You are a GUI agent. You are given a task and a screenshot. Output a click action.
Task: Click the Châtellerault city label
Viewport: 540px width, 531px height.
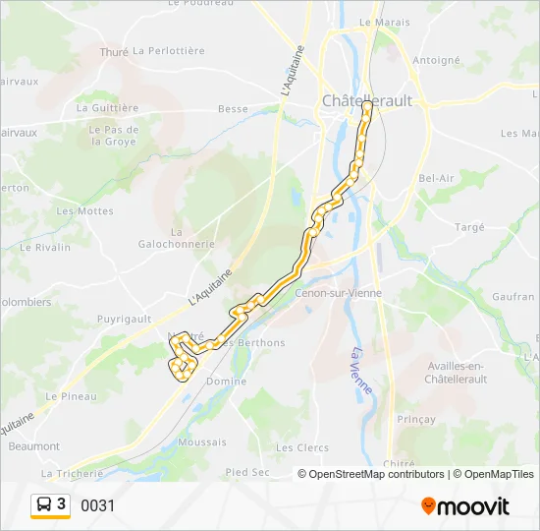click(368, 100)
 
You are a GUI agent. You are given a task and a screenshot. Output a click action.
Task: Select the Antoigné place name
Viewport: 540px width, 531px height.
click(436, 60)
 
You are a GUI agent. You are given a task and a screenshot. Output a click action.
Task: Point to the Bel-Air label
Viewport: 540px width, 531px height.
click(437, 178)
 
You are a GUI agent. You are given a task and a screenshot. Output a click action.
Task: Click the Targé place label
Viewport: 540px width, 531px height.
click(470, 227)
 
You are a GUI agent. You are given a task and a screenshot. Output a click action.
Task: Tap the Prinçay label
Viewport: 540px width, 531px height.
click(416, 419)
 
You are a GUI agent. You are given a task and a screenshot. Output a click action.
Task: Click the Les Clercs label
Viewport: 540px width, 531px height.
click(301, 447)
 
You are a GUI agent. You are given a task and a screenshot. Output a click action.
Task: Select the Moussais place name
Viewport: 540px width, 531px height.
click(203, 442)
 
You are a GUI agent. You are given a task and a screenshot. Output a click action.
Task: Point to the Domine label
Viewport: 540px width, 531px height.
click(227, 381)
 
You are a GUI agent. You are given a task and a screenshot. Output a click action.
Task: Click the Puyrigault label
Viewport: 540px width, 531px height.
click(124, 319)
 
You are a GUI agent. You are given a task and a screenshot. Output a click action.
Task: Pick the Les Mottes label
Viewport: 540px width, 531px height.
click(85, 211)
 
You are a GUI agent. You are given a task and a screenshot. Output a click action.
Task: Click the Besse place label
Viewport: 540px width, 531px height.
click(233, 109)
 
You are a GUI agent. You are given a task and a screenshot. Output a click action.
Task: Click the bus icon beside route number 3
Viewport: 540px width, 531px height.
click(43, 505)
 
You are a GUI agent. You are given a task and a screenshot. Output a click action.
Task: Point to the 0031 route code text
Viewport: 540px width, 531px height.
click(97, 506)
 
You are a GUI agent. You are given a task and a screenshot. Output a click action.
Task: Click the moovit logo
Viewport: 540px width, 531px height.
click(465, 506)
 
